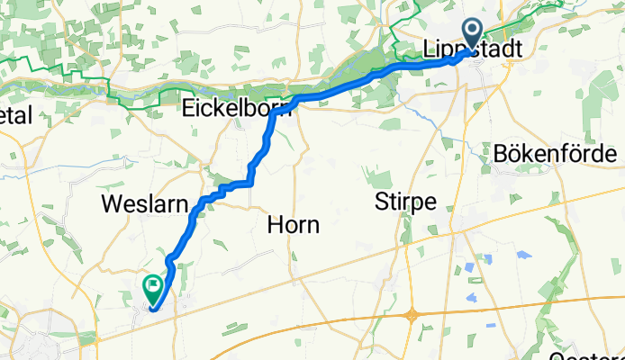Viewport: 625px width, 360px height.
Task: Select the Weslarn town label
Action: pyautogui.click(x=136, y=202)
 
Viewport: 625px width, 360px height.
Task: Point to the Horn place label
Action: pyautogui.click(x=294, y=226)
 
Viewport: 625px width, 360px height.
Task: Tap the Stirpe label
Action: pyautogui.click(x=404, y=202)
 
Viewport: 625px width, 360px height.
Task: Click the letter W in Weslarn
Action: pyautogui.click(x=112, y=202)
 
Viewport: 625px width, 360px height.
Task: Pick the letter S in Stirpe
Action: pyautogui.click(x=379, y=202)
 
